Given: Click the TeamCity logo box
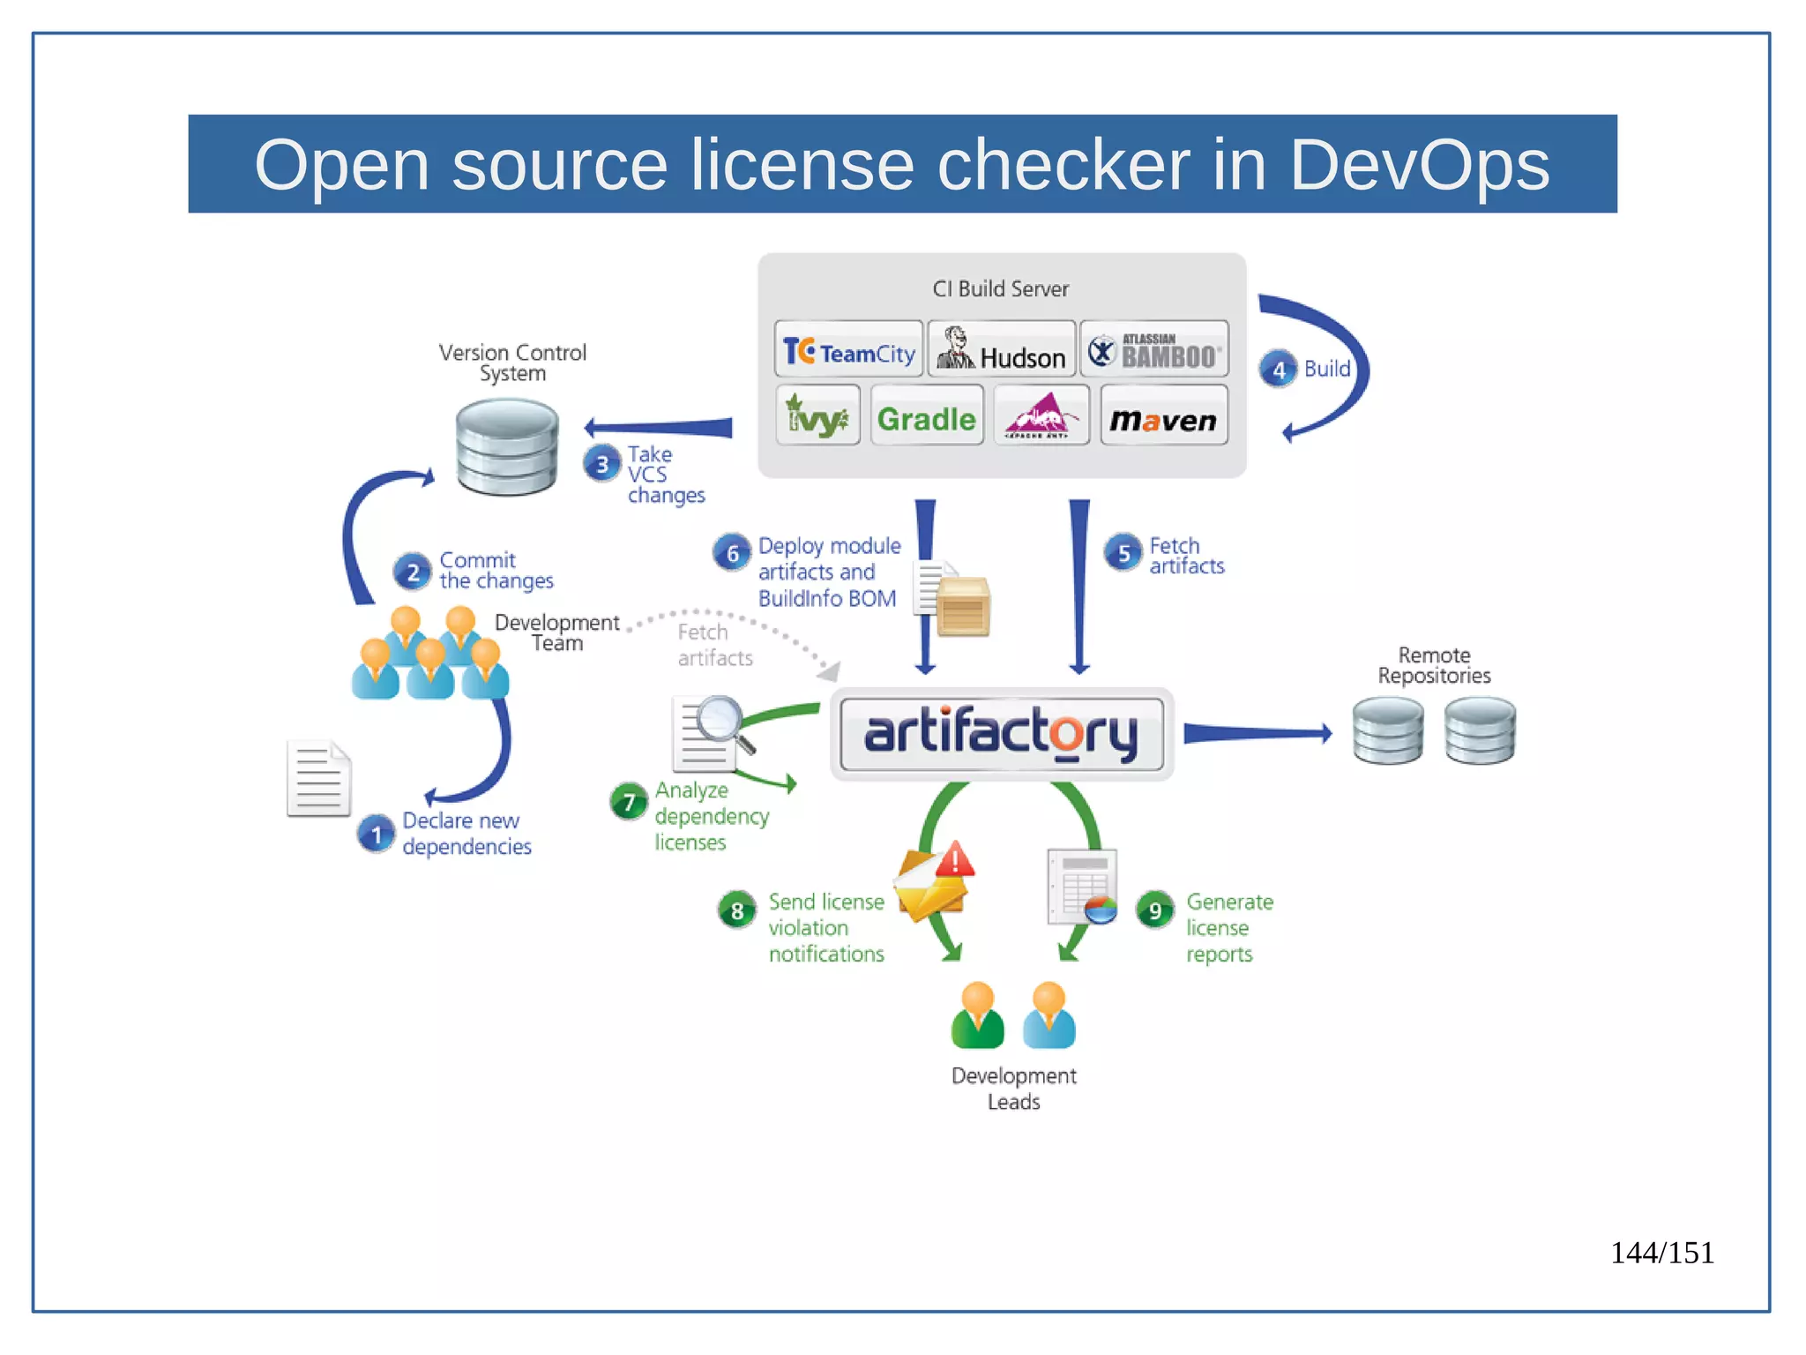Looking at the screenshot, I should tap(848, 350).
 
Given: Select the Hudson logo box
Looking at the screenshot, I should tap(1002, 350).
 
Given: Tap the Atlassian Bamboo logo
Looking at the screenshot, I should tap(1154, 350).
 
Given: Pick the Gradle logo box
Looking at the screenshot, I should tap(926, 416).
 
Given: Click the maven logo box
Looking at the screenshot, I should tap(1163, 416).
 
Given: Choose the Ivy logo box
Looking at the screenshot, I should tap(817, 416).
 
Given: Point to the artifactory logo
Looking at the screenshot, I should tap(1001, 733).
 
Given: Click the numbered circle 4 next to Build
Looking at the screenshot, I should tap(1278, 370).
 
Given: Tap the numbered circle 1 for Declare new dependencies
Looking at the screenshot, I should tap(377, 834).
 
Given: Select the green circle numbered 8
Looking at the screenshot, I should tap(737, 910).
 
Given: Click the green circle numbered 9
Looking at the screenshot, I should tap(1154, 910).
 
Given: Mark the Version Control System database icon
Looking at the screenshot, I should tap(507, 446).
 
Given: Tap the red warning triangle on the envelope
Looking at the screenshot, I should tap(955, 859).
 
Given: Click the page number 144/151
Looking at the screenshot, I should tap(1661, 1253).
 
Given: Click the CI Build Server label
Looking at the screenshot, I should tap(1000, 289).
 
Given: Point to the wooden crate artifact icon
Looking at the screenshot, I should tap(963, 607).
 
